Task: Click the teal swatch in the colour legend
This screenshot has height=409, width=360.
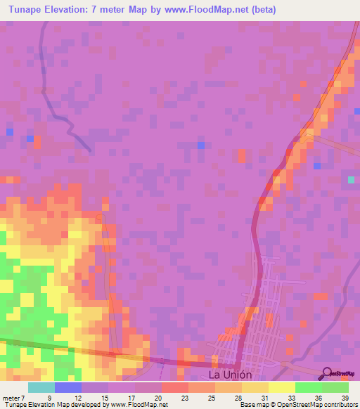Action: tap(41, 387)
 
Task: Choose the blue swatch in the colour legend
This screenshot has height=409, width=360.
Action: tap(68, 387)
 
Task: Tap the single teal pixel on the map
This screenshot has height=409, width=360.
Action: tap(351, 180)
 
